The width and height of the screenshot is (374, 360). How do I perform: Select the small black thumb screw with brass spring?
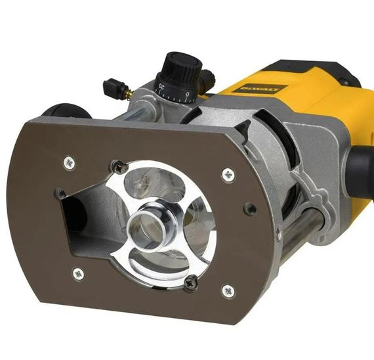click(x=113, y=86)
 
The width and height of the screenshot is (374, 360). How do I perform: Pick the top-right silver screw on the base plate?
click(x=228, y=175)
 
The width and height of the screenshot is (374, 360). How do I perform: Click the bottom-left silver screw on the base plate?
click(x=78, y=273)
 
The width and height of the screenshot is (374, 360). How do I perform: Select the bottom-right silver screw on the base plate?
click(x=228, y=290)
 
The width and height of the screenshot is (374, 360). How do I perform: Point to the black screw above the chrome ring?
click(x=119, y=167)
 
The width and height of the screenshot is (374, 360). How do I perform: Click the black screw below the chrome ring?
click(x=191, y=282)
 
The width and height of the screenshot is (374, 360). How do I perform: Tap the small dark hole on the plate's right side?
click(x=250, y=210)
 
